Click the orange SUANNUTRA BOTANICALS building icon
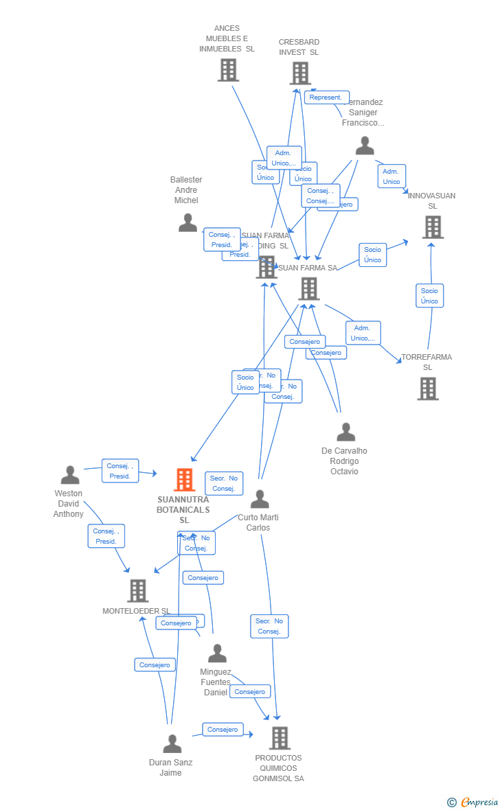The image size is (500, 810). point(184,480)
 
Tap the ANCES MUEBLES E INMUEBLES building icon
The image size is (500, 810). point(228,70)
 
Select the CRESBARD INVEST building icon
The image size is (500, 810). point(300,73)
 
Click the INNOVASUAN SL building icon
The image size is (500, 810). point(433,227)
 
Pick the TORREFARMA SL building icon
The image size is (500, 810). point(428,389)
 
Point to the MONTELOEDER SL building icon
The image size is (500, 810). point(138,590)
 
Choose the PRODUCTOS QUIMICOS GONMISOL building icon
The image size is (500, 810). point(280,738)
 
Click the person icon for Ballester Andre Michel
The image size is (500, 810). point(187,222)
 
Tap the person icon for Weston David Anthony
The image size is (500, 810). point(70,475)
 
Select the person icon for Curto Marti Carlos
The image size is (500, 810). point(260,499)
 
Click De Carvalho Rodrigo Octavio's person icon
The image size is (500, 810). point(346,432)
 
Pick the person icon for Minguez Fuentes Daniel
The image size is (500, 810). point(217,653)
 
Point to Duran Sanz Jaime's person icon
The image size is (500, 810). point(172,744)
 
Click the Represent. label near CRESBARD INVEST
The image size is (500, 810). point(326,97)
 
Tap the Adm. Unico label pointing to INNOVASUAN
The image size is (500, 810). point(391,176)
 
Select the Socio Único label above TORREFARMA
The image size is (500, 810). point(429,296)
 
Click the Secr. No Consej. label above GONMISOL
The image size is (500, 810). point(269,626)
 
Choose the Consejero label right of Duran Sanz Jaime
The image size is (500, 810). point(223,729)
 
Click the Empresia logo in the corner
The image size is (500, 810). point(473,802)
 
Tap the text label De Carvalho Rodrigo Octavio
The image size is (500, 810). point(344,461)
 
